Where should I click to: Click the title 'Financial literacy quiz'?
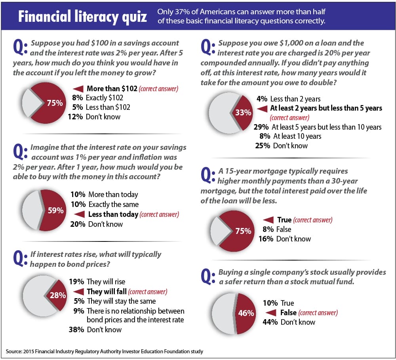pos(80,17)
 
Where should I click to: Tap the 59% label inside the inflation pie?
pos(55,210)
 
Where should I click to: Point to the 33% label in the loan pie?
pos(244,112)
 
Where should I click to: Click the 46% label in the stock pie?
pos(246,313)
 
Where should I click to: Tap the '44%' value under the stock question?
pos(270,322)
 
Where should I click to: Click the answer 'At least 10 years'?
pos(296,136)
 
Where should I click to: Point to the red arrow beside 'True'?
pos(268,220)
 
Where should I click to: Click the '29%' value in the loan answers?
pos(261,127)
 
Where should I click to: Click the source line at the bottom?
pos(105,351)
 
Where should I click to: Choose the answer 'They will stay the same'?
pos(121,301)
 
